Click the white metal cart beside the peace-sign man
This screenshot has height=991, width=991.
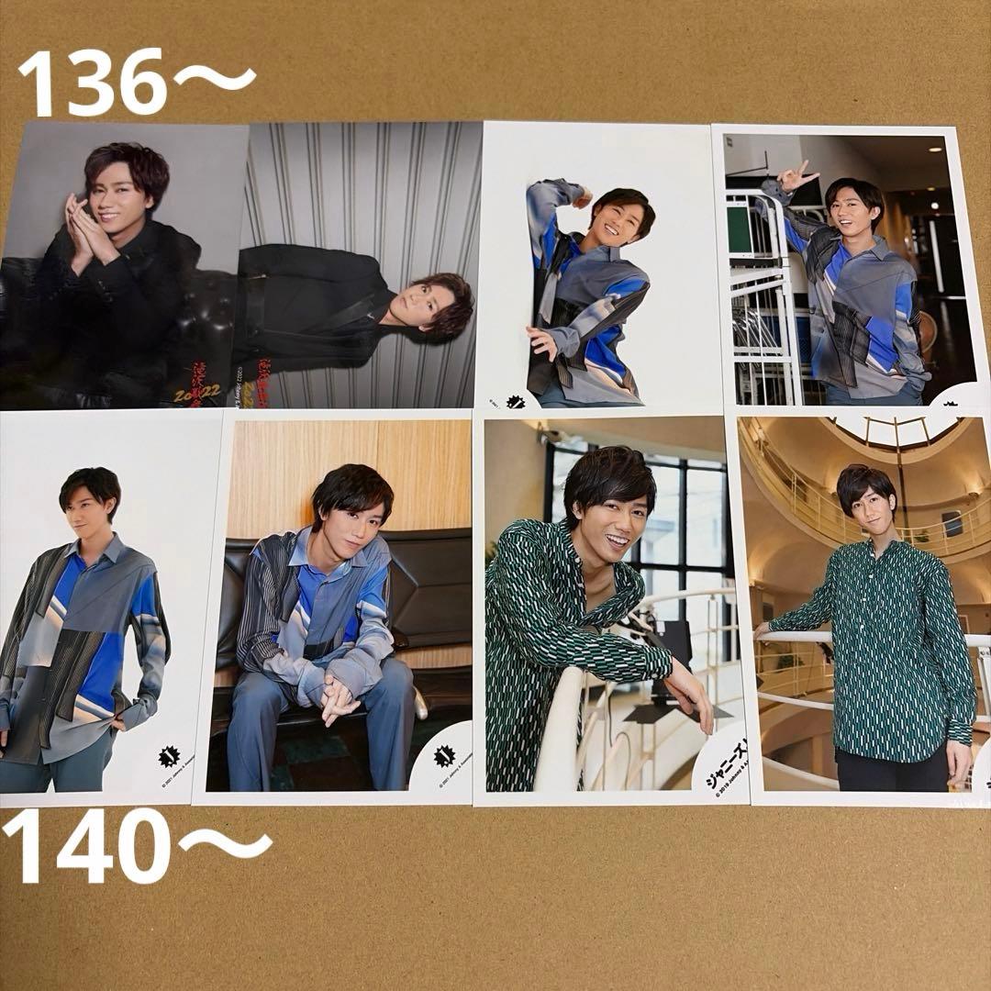click(762, 303)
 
